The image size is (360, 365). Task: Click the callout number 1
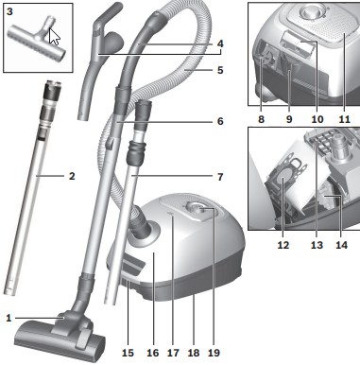[9, 318]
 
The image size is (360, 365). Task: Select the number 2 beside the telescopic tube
[72, 176]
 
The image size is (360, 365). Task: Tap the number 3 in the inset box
[9, 11]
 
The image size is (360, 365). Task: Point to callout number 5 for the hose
[220, 70]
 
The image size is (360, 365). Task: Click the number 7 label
[220, 177]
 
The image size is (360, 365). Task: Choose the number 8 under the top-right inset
[261, 119]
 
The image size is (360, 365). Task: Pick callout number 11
[345, 119]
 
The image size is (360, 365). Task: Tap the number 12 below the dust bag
[283, 245]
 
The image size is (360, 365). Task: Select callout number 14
[341, 245]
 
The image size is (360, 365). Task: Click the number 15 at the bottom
[128, 353]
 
